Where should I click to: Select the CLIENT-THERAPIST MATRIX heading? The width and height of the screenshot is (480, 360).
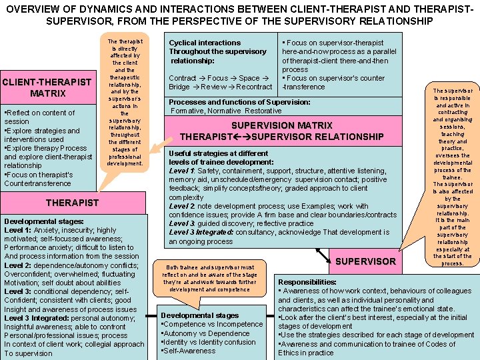click(47, 88)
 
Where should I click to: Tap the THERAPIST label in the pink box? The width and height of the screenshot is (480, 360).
click(72, 203)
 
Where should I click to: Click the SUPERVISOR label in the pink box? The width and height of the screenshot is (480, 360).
click(365, 261)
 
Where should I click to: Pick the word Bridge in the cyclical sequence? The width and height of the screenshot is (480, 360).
click(179, 87)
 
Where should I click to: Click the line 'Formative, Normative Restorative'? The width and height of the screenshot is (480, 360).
click(226, 111)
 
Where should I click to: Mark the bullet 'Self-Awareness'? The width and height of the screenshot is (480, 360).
click(190, 351)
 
